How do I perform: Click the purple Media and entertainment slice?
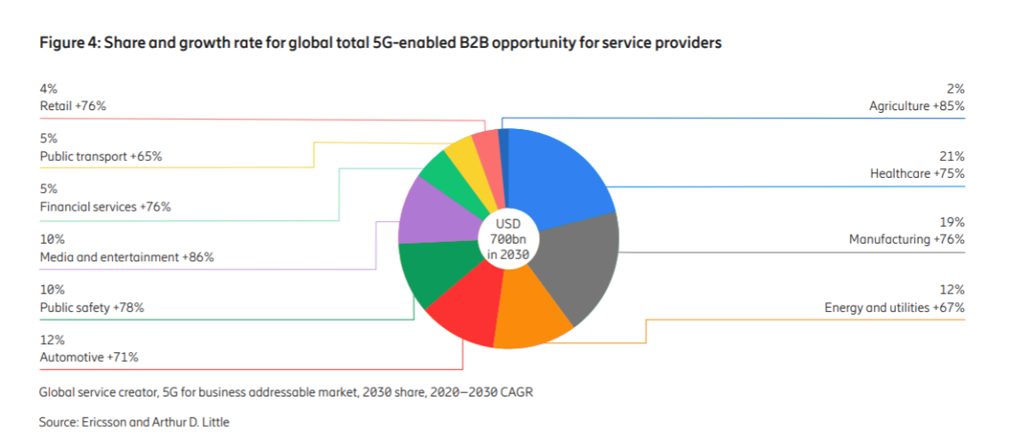click(x=431, y=212)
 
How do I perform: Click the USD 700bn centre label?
click(x=508, y=238)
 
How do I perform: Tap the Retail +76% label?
click(x=73, y=106)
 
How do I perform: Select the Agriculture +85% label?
click(x=916, y=106)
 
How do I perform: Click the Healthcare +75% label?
click(x=916, y=173)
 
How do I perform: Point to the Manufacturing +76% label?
click(x=906, y=239)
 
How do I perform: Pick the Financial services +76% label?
click(x=105, y=206)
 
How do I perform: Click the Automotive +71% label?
click(x=89, y=357)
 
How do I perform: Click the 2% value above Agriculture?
click(x=956, y=88)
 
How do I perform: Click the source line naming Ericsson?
click(x=133, y=422)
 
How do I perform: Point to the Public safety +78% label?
click(x=92, y=308)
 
